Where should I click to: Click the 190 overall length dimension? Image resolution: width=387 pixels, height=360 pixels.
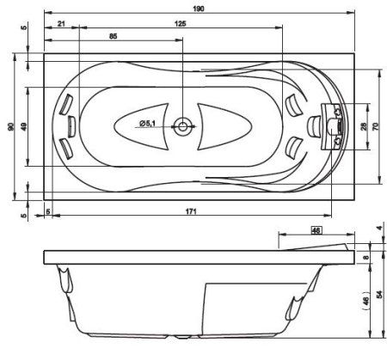click(x=199, y=9)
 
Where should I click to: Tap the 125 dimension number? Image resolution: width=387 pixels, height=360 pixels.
click(x=181, y=23)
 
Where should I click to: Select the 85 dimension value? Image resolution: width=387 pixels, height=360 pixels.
click(x=114, y=36)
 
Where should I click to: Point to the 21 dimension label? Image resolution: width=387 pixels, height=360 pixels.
click(x=61, y=23)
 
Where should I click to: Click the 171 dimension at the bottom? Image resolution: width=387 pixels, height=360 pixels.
click(x=191, y=211)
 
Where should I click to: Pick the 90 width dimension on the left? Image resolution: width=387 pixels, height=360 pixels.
click(x=10, y=126)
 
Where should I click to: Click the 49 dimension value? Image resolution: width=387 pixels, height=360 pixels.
click(x=24, y=126)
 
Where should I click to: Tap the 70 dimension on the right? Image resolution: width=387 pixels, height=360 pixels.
click(x=375, y=126)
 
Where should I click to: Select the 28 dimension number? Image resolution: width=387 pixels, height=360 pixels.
click(x=363, y=126)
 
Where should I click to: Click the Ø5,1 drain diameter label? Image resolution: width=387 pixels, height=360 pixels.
click(x=147, y=123)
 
